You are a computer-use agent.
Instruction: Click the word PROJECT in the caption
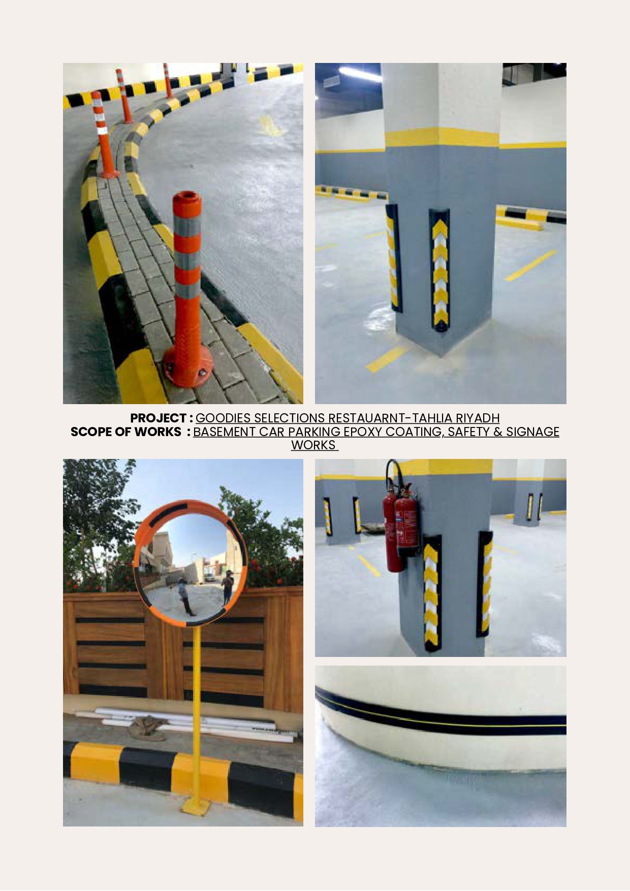pos(159,418)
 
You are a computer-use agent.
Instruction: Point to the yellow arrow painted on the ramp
pos(270,126)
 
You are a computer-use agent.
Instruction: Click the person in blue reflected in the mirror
pos(183,594)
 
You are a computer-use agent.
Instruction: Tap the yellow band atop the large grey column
pos(442,137)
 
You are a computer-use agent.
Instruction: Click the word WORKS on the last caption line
pos(313,445)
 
